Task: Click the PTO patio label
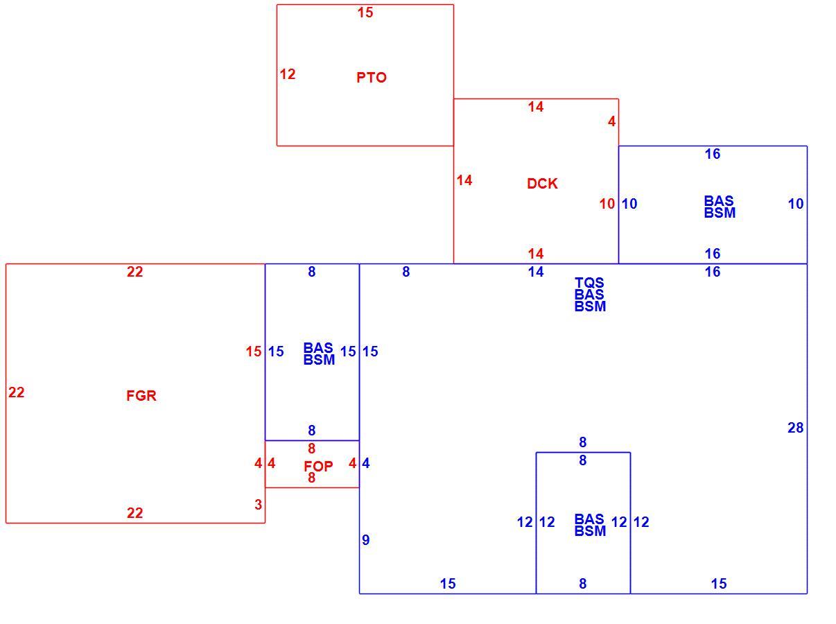[x=371, y=78]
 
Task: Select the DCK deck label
[x=541, y=183]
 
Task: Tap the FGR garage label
[x=141, y=395]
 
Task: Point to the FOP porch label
[x=318, y=466]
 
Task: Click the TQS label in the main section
[x=589, y=282]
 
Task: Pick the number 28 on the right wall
[x=795, y=427]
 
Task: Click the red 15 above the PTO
[x=365, y=12]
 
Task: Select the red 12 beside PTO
[x=287, y=74]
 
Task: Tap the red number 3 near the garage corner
[x=258, y=504]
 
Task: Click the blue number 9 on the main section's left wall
[x=365, y=540]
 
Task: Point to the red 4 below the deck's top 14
[x=611, y=121]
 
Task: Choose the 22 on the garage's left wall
[x=17, y=392]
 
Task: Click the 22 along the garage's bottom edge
[x=134, y=513]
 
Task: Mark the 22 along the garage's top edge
[x=134, y=272]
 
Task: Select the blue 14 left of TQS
[x=535, y=272]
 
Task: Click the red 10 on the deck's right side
[x=607, y=203]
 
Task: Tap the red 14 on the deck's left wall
[x=464, y=180]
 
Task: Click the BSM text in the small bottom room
[x=590, y=530]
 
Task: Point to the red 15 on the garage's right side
[x=253, y=351]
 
